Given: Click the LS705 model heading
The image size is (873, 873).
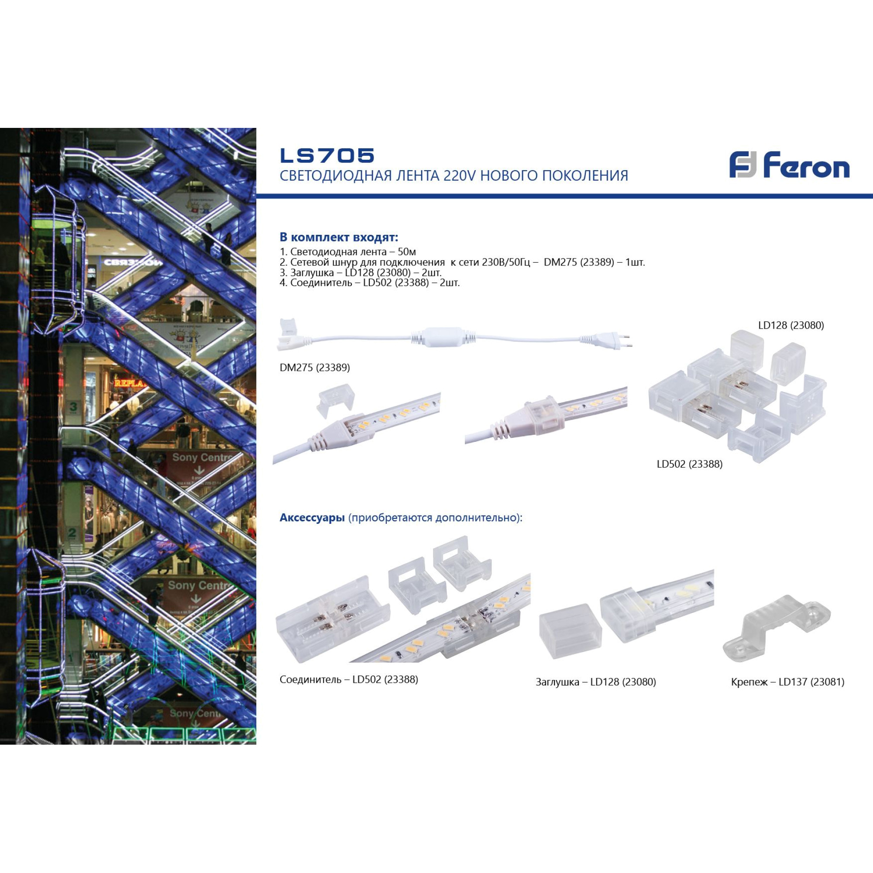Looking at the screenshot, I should point(327,156).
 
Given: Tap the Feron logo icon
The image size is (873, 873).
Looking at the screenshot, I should point(742,165).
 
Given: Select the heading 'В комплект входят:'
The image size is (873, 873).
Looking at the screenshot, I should point(339,237).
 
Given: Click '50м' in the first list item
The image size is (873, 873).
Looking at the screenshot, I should point(407,252).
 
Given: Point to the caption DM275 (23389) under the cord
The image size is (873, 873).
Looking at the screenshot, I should point(314,368).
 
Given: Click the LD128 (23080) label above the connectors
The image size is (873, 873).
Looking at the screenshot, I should point(791,325).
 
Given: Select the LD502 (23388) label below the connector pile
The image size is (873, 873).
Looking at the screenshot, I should point(690,464).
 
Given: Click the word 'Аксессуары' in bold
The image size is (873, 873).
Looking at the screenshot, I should point(312,517).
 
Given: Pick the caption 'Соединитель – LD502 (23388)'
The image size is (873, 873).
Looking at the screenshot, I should point(349,679).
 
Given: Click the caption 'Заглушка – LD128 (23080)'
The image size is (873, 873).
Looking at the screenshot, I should point(595,682).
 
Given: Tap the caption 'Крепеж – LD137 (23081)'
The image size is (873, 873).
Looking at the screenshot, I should point(787,682).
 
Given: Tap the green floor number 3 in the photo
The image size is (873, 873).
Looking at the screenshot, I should point(73,407).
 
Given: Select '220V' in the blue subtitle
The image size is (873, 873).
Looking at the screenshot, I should point(460,175).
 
